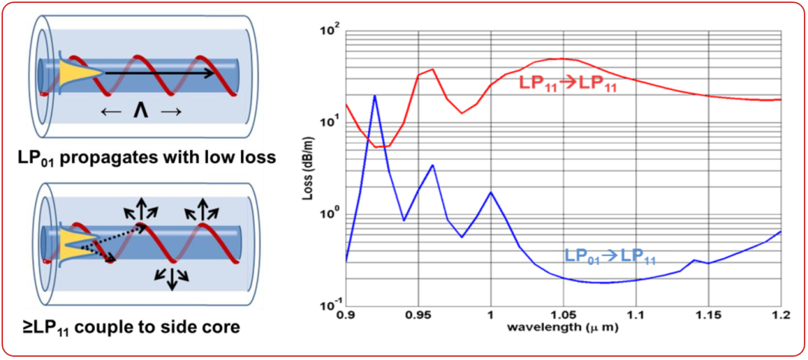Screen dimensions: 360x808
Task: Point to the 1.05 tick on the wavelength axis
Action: pyautogui.click(x=563, y=316)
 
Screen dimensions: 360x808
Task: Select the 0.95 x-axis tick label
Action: pyautogui.click(x=417, y=316)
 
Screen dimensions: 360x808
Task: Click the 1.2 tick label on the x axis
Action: pyautogui.click(x=780, y=316)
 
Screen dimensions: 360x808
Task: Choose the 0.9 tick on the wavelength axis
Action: pyautogui.click(x=346, y=316)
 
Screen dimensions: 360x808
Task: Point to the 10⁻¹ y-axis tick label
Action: pyautogui.click(x=329, y=305)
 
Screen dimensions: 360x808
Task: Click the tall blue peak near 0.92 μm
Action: pyautogui.click(x=375, y=96)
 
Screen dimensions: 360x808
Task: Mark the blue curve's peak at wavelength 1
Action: pyautogui.click(x=490, y=192)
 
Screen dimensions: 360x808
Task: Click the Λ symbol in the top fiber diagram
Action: pyautogui.click(x=140, y=112)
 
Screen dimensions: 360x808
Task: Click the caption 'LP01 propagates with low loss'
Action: pyautogui.click(x=140, y=158)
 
